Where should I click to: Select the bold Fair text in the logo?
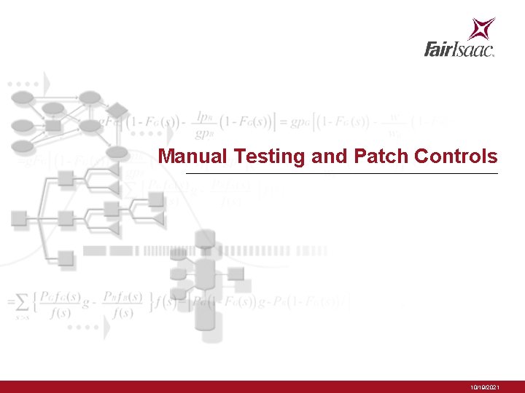tap(440, 49)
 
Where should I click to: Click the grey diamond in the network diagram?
tap(117, 111)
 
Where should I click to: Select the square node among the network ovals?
tap(53, 126)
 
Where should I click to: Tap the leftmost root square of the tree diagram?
tap(19, 218)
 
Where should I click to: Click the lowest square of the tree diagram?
tap(66, 258)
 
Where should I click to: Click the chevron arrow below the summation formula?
tap(106, 328)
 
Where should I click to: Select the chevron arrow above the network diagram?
tap(46, 82)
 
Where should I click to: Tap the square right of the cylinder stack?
tap(236, 274)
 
